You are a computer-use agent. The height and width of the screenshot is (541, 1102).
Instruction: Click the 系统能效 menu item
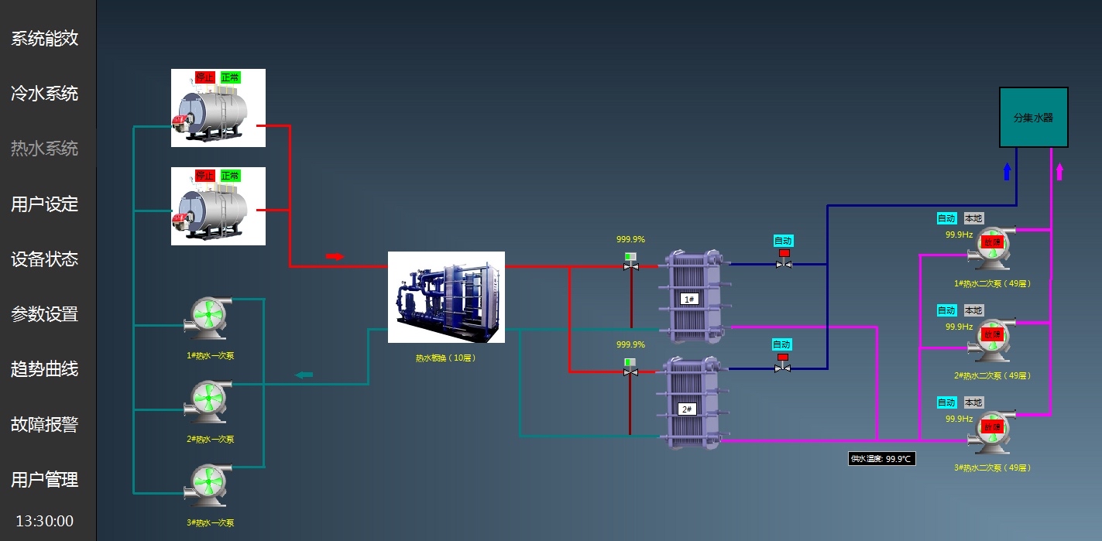point(45,39)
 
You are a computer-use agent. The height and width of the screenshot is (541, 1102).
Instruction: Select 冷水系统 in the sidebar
point(45,94)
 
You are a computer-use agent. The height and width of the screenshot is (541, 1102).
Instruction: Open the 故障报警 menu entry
point(45,424)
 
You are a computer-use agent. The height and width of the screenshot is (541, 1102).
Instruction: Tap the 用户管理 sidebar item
point(45,480)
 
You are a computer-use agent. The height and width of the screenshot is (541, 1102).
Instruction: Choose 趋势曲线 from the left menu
point(45,369)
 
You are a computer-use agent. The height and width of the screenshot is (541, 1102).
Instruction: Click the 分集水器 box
point(1033,118)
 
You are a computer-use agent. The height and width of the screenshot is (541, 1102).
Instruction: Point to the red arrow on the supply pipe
point(334,256)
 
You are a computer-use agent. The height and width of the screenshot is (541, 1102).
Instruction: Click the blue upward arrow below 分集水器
point(1007,171)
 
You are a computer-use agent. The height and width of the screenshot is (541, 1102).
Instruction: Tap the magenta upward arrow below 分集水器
point(1059,172)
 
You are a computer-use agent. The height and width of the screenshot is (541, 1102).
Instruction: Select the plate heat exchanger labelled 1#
point(689,298)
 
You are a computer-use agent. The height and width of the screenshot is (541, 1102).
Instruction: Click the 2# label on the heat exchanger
point(687,409)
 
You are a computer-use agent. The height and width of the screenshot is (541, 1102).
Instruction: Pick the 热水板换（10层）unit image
point(446,297)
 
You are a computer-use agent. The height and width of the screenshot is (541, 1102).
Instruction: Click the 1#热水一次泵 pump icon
point(207,318)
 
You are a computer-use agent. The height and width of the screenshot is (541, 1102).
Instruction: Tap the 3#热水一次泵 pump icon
point(207,485)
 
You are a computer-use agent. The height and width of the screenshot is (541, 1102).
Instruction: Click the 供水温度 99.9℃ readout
point(882,459)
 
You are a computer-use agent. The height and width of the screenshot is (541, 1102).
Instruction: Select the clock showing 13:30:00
point(45,521)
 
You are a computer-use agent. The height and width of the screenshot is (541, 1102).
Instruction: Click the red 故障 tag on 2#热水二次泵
point(992,334)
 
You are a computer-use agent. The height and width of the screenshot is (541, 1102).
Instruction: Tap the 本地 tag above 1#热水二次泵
point(973,218)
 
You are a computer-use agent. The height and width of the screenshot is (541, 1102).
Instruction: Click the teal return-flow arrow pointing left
point(304,375)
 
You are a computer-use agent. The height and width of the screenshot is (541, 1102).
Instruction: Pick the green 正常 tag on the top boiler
point(230,77)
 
